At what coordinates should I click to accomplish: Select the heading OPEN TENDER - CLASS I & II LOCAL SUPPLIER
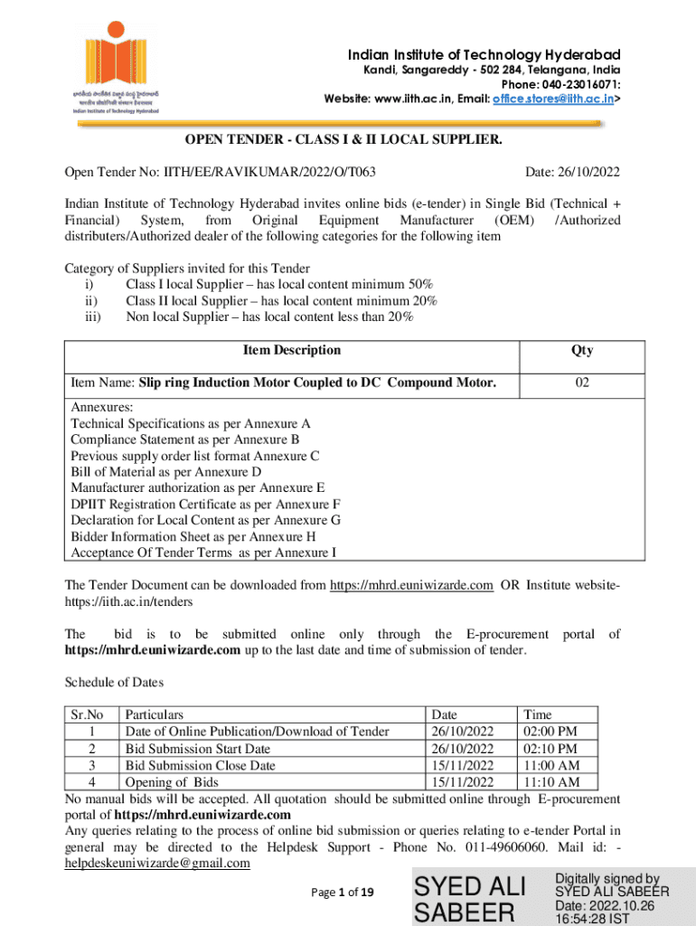pos(343,140)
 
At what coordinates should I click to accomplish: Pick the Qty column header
pos(582,351)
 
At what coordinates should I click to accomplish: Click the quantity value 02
pos(582,383)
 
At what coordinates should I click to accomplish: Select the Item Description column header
pos(292,350)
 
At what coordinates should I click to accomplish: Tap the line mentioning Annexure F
pos(205,504)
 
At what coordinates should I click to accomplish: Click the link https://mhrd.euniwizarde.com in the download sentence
pos(410,585)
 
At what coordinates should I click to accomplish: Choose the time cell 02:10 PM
pos(544,749)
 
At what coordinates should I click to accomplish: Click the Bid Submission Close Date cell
pos(200,765)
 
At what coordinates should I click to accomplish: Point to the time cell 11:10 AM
pos(545,781)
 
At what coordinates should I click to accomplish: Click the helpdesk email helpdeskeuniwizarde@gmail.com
pos(156,863)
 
